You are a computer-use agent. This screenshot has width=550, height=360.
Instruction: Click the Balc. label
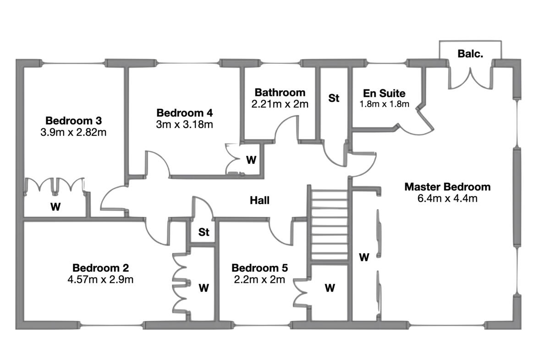470,54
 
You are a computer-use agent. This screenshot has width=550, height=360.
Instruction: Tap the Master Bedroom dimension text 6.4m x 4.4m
447,198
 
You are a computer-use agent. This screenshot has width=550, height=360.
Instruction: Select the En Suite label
384,94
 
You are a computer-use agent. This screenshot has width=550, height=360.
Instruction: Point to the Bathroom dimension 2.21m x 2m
280,104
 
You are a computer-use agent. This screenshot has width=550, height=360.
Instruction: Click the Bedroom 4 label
185,113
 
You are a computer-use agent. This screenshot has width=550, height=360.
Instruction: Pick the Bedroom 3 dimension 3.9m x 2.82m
73,133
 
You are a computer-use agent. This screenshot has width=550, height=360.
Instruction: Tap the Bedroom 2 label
101,268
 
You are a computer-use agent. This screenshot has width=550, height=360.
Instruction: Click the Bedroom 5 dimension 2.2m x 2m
259,280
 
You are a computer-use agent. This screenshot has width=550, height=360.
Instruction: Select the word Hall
259,200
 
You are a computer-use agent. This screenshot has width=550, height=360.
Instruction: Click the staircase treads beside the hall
330,225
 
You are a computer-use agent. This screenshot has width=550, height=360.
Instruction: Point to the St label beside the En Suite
334,98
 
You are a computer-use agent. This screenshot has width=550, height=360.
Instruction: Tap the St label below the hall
204,232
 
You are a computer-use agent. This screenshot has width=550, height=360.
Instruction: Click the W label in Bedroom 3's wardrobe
55,207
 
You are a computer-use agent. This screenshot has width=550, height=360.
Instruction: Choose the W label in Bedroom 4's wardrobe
251,160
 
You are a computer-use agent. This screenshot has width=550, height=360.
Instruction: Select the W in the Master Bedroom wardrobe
364,257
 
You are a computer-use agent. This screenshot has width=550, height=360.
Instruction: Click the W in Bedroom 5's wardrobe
330,288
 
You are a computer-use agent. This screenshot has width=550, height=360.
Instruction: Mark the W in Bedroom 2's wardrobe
204,288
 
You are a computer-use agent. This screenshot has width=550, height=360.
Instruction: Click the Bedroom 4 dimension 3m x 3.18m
184,125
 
